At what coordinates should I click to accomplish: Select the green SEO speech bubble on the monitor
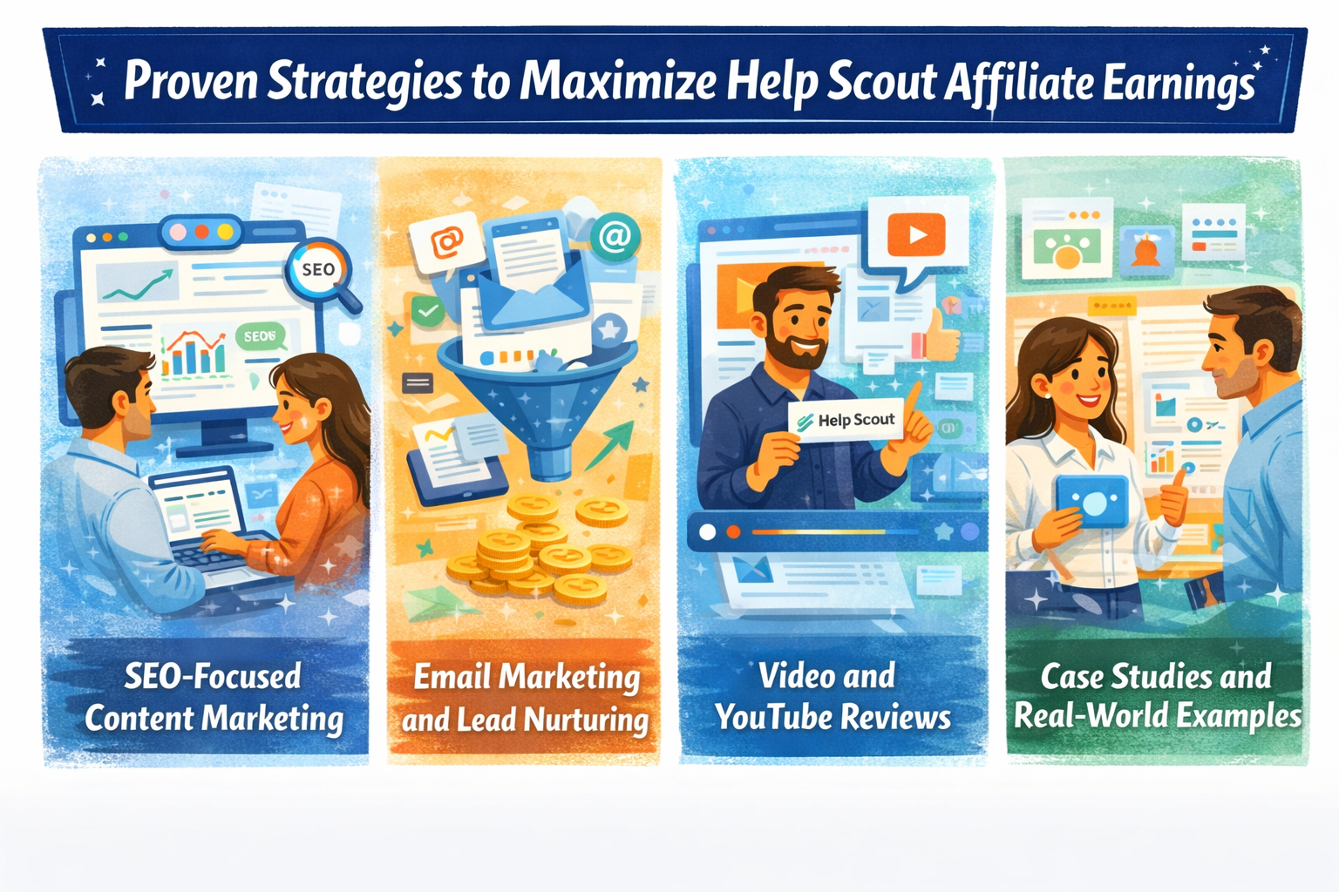pyautogui.click(x=260, y=336)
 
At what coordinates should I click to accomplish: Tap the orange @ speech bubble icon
pyautogui.click(x=445, y=241)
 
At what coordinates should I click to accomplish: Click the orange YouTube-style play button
pyautogui.click(x=916, y=233)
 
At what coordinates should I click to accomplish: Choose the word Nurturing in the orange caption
pyautogui.click(x=586, y=720)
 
